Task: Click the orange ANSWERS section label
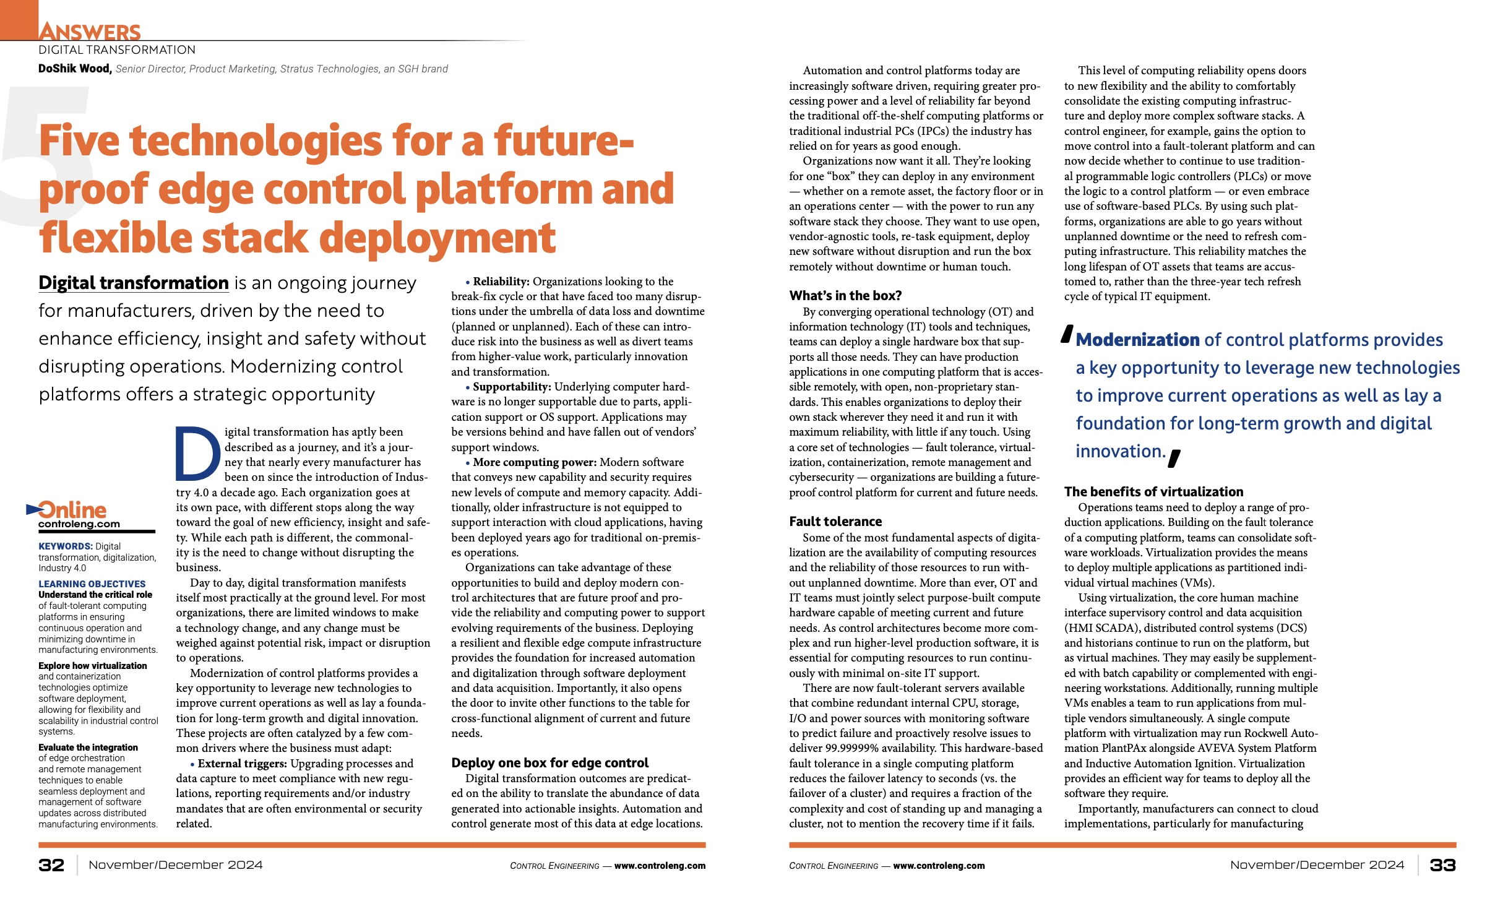coord(90,31)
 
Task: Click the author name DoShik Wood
coord(74,69)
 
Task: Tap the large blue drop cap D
coord(198,454)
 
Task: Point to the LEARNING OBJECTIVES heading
coord(92,584)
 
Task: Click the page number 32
coord(51,865)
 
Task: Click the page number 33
coord(1442,865)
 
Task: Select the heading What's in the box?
coord(845,296)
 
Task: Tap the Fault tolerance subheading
coord(835,522)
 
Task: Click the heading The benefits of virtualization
coord(1153,492)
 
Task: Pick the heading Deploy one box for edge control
coord(549,763)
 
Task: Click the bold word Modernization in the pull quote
coord(1137,340)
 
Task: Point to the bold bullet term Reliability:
coord(501,282)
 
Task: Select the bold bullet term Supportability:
coord(511,387)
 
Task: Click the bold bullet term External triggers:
coord(242,764)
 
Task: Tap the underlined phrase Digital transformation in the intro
coord(134,283)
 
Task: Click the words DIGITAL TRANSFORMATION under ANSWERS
coord(117,50)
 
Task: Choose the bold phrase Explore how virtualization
coord(93,666)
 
